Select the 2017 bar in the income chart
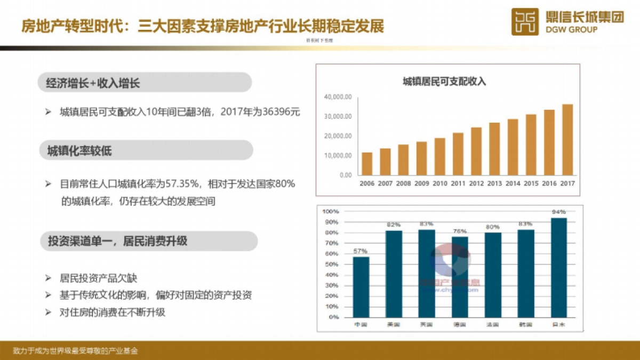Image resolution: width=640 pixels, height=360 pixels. coord(567,140)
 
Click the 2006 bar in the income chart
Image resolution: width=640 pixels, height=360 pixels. coord(367,164)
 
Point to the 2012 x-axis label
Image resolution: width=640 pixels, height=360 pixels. coord(476,183)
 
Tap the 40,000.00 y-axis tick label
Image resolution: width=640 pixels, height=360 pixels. coord(338,97)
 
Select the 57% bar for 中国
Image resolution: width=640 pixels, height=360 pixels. coord(361,287)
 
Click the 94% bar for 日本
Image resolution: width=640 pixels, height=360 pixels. coord(558,267)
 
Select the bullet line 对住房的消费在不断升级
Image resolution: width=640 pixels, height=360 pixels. coord(113,312)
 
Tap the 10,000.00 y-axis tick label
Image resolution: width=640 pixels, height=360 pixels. coord(338,155)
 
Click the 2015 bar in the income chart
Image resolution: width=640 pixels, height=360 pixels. coord(531,145)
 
